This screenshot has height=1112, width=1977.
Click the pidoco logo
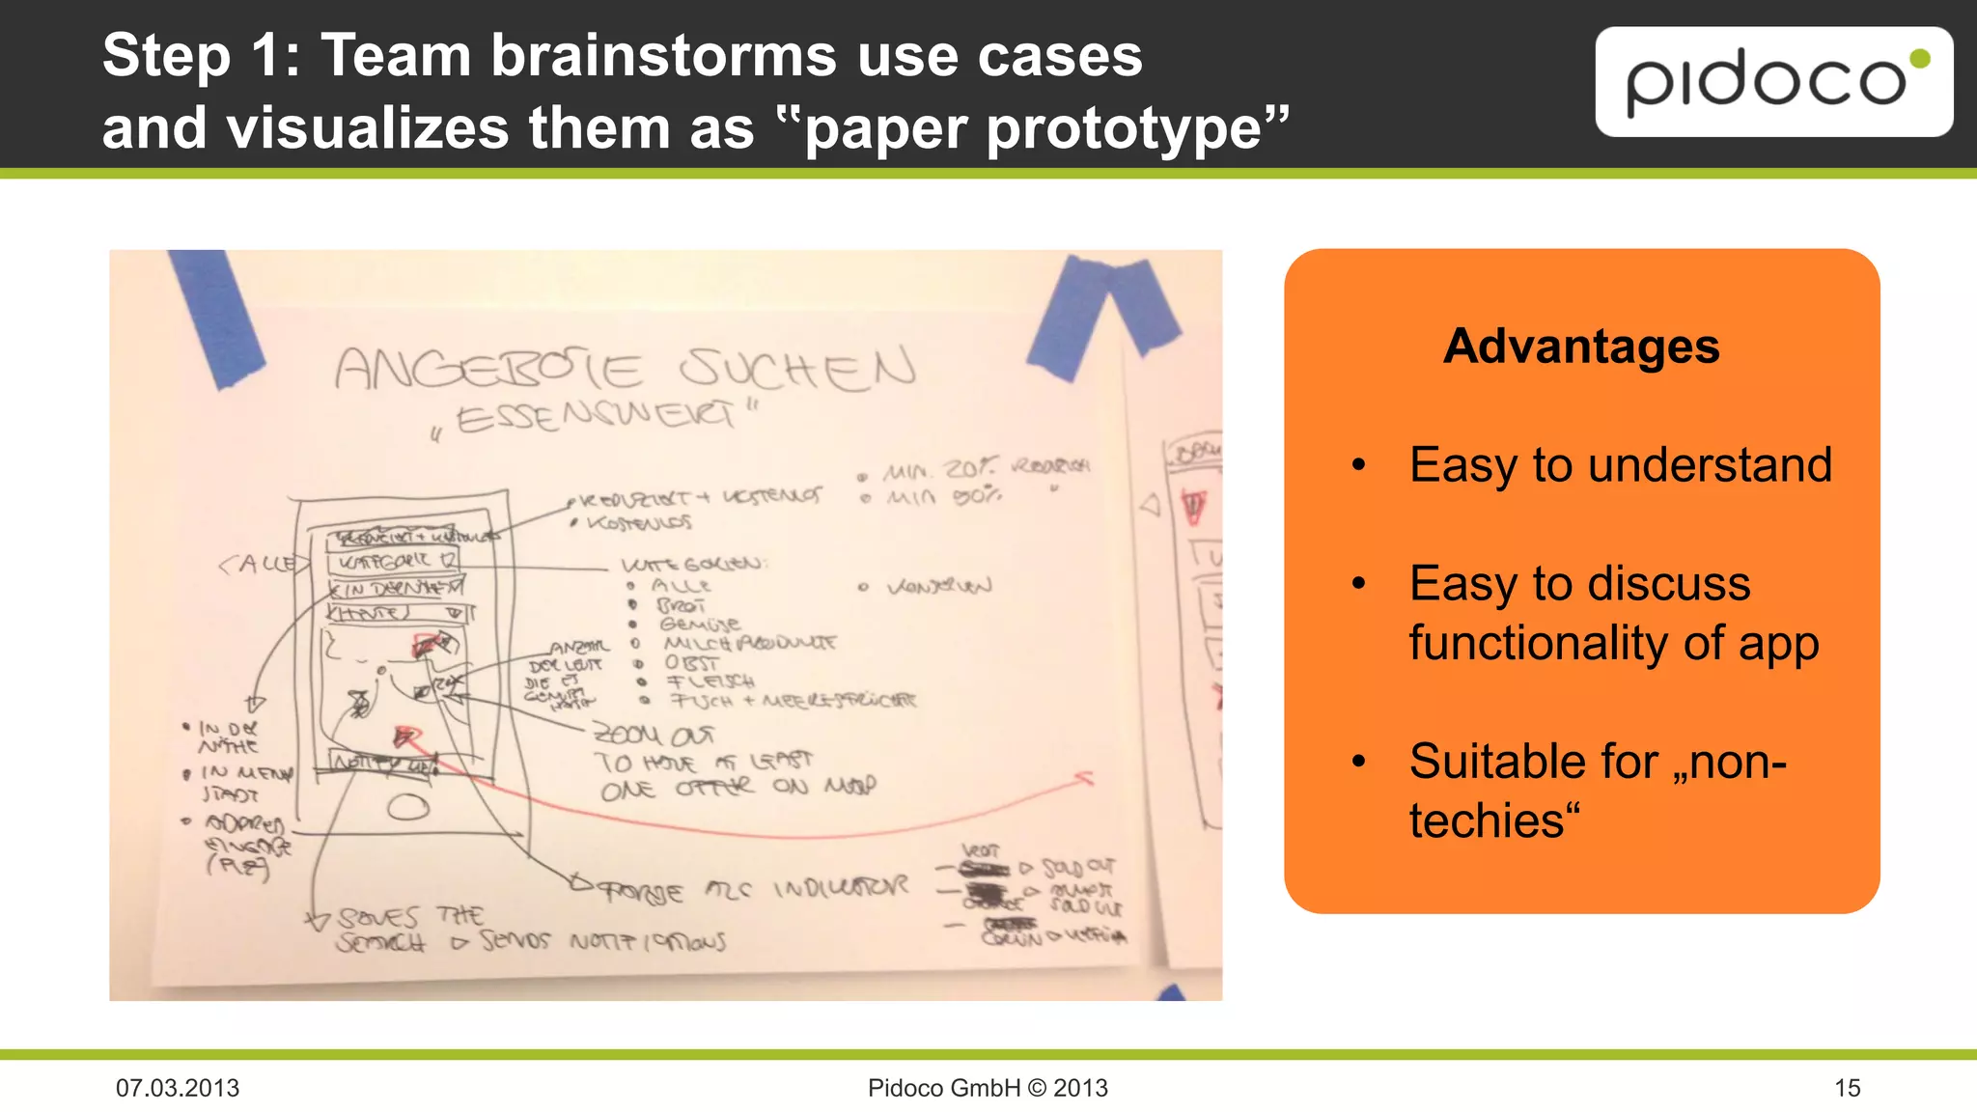pos(1773,82)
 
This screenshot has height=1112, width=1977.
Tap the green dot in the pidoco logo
pos(1919,59)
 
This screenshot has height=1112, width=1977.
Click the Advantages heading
pos(1581,346)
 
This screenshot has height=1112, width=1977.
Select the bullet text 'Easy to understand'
pos(1620,464)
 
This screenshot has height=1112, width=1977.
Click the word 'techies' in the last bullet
pos(1487,820)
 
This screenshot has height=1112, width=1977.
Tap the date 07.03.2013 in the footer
pos(178,1088)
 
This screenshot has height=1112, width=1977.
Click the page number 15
pos(1847,1088)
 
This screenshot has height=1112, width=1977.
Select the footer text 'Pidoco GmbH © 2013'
pos(988,1088)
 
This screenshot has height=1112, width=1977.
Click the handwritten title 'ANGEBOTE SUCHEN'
pos(625,369)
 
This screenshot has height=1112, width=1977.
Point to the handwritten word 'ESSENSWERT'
pos(597,417)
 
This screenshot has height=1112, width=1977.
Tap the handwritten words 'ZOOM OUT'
pos(653,736)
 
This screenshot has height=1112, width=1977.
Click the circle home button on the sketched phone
pos(408,806)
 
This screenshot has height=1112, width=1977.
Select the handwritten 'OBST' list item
pos(691,663)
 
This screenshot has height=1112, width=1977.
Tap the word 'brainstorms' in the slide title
pos(664,55)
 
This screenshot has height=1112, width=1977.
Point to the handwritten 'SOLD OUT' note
pos(1078,867)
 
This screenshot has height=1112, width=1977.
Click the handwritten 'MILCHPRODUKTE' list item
pos(749,643)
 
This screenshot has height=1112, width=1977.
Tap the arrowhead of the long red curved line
pos(1085,778)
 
